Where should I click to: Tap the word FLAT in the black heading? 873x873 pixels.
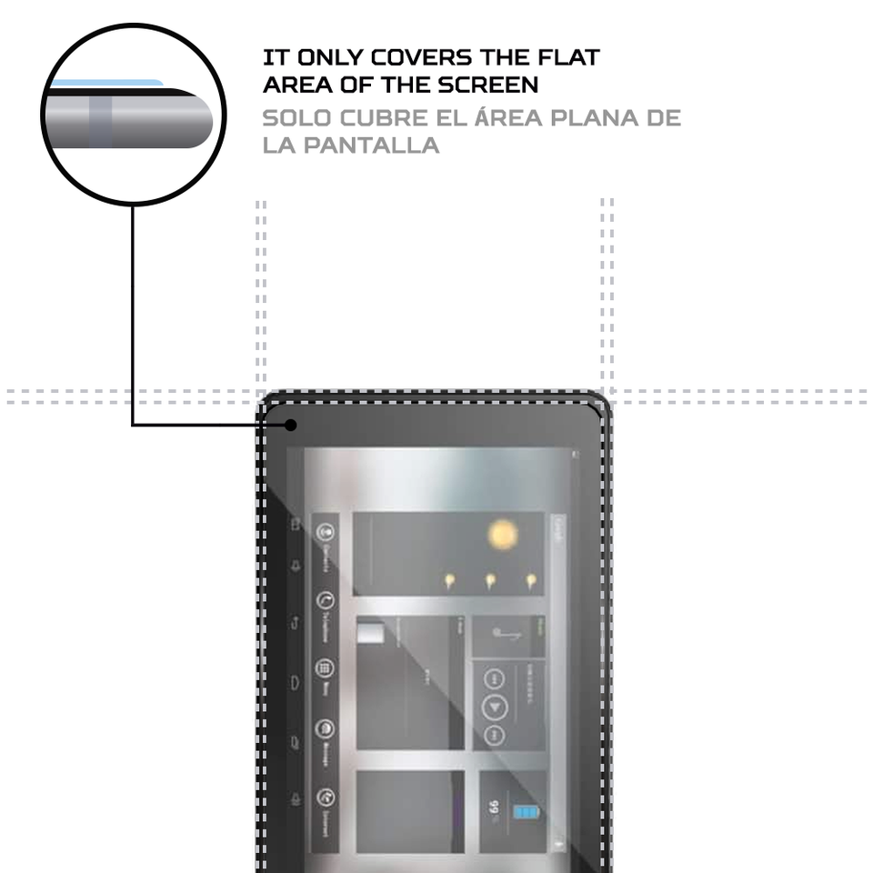(567, 57)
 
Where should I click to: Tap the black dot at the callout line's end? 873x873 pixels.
(291, 424)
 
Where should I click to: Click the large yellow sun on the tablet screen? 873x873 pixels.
(502, 534)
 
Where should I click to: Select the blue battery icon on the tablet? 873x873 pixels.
(526, 812)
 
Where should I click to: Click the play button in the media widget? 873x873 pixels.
(495, 707)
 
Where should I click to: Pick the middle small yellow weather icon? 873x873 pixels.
(490, 580)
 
